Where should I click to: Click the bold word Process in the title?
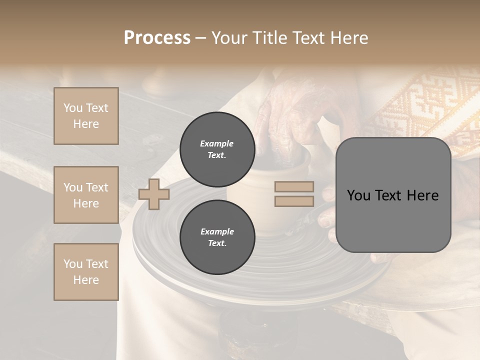(157, 38)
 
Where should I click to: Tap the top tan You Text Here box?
(86, 116)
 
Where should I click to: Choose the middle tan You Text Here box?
(86, 195)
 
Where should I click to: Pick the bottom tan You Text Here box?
(86, 272)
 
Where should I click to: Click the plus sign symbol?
(154, 194)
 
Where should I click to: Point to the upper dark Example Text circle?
(217, 149)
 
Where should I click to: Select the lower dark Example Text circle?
(217, 237)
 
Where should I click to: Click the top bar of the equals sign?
(294, 187)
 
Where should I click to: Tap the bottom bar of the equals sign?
(294, 201)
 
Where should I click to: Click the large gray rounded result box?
(393, 195)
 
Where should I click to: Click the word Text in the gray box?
(388, 195)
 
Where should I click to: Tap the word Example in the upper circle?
(217, 143)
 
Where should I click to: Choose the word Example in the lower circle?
(217, 231)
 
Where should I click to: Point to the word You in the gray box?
(358, 195)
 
